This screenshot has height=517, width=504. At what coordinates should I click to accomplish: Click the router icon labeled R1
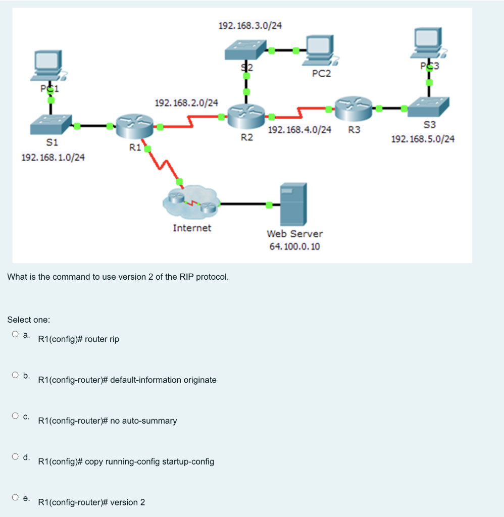click(x=134, y=126)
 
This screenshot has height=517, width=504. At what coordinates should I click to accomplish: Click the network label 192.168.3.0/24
click(x=249, y=25)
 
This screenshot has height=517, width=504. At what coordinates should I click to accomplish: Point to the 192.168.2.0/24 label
click(x=186, y=103)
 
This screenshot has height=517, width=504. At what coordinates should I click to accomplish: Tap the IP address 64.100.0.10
click(x=294, y=246)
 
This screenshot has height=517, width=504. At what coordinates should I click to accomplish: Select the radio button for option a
click(x=16, y=334)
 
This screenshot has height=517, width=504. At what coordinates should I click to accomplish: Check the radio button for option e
click(x=16, y=497)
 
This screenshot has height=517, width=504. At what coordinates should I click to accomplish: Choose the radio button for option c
click(x=16, y=416)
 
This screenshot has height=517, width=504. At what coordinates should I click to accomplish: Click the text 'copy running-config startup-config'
click(x=149, y=461)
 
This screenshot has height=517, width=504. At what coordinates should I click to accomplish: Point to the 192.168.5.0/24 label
click(x=423, y=139)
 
